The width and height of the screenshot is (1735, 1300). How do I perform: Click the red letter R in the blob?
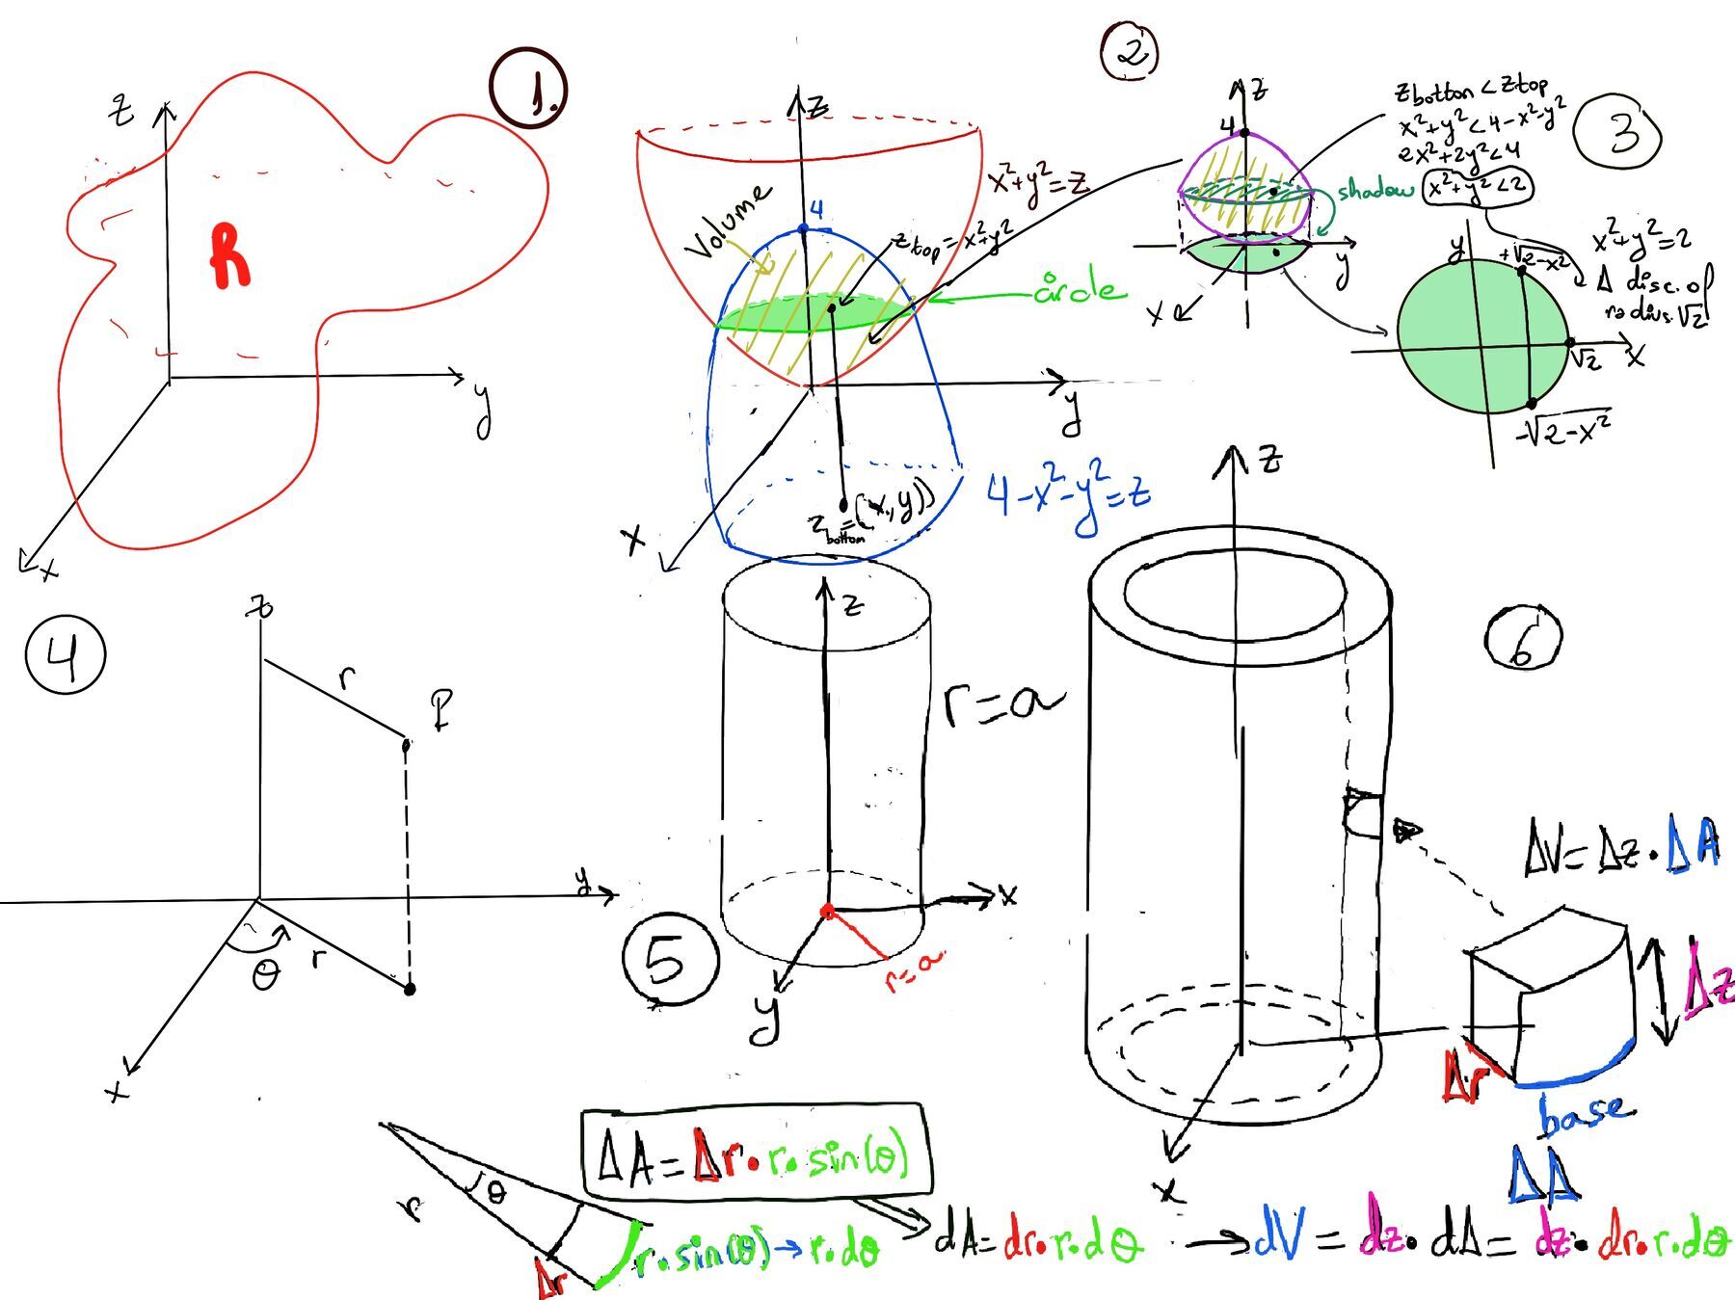click(229, 256)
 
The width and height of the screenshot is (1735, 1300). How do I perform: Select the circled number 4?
click(65, 655)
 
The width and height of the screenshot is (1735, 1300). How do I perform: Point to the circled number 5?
click(670, 960)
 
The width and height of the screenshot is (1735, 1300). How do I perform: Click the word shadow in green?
click(1375, 191)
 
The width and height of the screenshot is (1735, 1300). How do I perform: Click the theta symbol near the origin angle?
click(264, 976)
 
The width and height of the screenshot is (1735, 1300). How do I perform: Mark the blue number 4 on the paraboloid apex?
click(815, 210)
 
